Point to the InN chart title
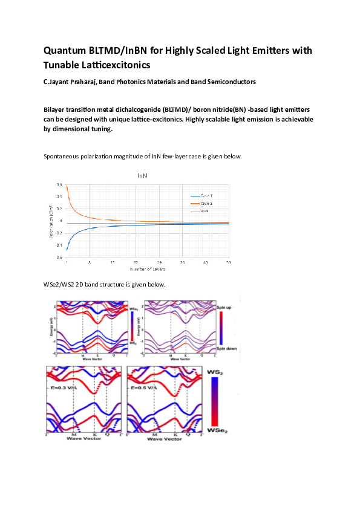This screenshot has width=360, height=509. pyautogui.click(x=142, y=175)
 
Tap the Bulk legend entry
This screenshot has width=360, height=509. pyautogui.click(x=204, y=211)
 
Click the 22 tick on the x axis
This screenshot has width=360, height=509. pyautogui.click(x=136, y=262)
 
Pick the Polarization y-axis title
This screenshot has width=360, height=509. pyautogui.click(x=51, y=221)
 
